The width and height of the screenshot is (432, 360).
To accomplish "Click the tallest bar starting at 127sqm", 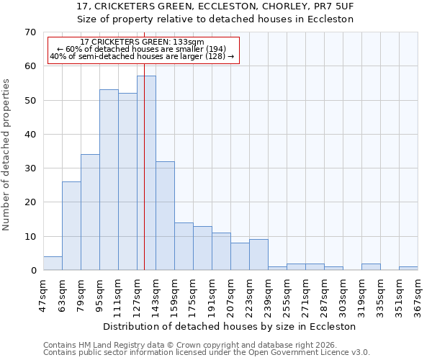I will tap(146, 173).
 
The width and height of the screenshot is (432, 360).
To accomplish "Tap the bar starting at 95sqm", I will tap(109, 180).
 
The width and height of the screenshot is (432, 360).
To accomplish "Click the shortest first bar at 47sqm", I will tap(53, 264).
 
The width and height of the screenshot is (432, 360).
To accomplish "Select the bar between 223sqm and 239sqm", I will tap(258, 255).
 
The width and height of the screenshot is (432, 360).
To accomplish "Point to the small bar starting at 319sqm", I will tap(371, 267).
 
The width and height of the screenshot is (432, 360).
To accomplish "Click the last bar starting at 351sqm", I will tap(408, 269).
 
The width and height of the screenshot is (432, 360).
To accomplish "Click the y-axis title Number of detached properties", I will tap(7, 155).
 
